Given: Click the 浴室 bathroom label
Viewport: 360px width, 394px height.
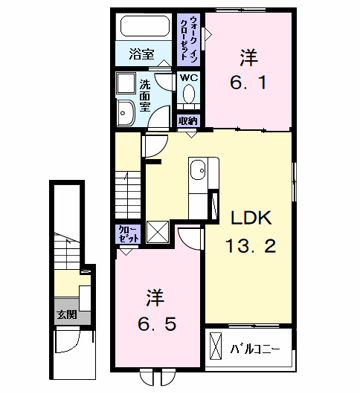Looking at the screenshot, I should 141,54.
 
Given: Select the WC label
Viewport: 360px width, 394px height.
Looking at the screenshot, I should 187,77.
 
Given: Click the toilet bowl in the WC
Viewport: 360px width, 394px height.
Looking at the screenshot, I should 188,95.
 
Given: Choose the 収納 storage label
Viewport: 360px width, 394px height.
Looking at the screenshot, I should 188,120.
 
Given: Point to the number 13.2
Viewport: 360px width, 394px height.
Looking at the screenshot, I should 251,246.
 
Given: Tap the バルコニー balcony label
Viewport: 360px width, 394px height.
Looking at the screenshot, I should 254,348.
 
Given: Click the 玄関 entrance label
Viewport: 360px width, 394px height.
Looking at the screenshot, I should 66,314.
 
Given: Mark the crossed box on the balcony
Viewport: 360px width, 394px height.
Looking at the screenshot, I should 216,347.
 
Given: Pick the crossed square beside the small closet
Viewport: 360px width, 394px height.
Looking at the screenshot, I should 157,233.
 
